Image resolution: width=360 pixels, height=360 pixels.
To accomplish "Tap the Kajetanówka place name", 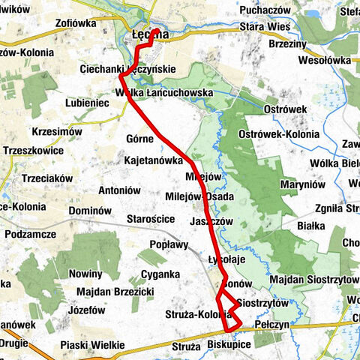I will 154,160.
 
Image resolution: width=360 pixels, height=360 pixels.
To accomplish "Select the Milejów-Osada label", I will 200,196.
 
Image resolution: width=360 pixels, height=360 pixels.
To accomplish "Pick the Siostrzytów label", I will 261,303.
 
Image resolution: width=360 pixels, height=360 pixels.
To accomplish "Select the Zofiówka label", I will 76,23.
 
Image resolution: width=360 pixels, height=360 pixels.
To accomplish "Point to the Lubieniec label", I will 87,103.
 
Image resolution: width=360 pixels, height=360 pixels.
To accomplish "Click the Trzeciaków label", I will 46,178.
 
